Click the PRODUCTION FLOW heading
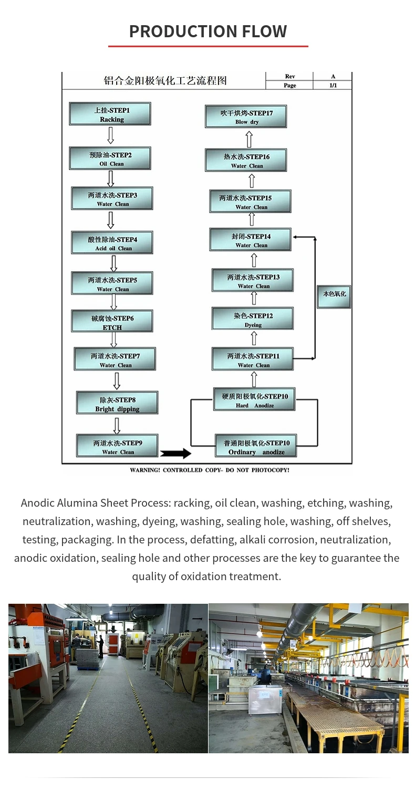point(208,31)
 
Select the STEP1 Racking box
point(110,114)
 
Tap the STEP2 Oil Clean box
point(110,158)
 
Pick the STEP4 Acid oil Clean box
point(112,243)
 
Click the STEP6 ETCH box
point(112,322)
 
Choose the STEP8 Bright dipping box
point(117,403)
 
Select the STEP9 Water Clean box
point(117,446)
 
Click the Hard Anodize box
point(254,400)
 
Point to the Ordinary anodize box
point(256,447)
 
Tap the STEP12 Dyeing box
point(253,319)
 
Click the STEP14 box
point(250,240)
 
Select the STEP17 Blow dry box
point(246,116)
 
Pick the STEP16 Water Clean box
point(246,160)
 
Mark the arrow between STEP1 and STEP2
point(110,135)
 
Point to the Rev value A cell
point(333,77)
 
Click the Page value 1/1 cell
point(333,85)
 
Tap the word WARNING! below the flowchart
point(144,470)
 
